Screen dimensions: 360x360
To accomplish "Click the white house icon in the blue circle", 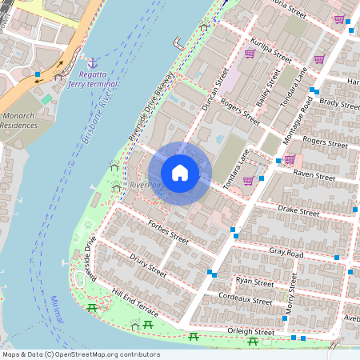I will click(x=180, y=173).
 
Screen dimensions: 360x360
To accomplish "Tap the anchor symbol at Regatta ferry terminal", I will click(x=93, y=62).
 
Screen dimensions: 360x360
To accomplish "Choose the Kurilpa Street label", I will click(x=270, y=54).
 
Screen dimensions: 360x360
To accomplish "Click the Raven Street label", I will click(x=314, y=174).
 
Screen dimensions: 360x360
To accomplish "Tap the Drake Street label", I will click(x=298, y=210).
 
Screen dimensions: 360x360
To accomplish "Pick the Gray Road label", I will click(x=286, y=253).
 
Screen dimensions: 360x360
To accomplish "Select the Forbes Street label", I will click(x=168, y=238).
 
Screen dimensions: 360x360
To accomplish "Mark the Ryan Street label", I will click(x=254, y=282).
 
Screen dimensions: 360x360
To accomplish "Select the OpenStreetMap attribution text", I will click(x=81, y=354).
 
